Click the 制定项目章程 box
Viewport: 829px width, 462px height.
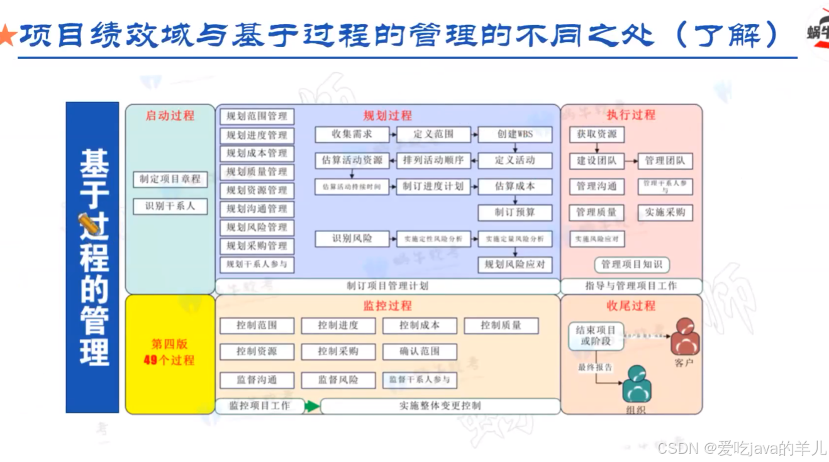(x=170, y=179)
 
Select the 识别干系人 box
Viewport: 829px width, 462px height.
(x=170, y=206)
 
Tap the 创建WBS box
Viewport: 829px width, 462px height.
(x=515, y=135)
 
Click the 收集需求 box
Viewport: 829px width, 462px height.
(x=352, y=135)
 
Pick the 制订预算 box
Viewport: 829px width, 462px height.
(x=515, y=212)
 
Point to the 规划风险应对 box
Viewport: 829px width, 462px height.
(x=515, y=265)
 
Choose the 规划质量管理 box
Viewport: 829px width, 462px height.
(x=257, y=172)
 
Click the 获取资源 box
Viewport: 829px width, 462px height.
(x=596, y=135)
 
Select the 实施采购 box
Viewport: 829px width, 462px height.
(x=665, y=212)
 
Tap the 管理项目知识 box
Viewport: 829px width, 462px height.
(x=631, y=265)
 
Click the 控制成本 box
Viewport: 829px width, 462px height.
(x=420, y=326)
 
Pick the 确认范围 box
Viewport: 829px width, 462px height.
(x=420, y=351)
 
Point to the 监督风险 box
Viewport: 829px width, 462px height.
(x=338, y=380)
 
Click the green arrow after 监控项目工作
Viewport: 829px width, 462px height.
(x=312, y=406)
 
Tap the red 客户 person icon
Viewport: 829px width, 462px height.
(x=685, y=338)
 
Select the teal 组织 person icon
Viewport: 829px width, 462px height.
(x=637, y=383)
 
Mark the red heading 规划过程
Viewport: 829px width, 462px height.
(x=387, y=116)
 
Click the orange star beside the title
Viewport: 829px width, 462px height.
(x=6, y=36)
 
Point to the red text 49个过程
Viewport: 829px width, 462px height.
(x=169, y=360)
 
